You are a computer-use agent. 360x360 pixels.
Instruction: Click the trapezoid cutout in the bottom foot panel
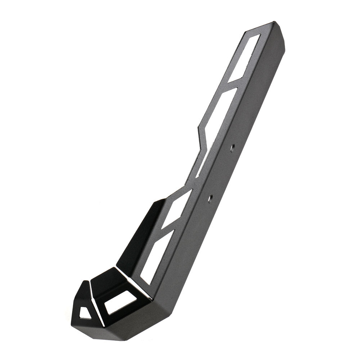(120, 302)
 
